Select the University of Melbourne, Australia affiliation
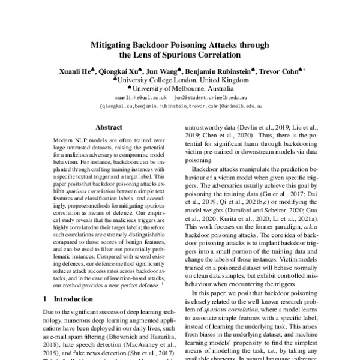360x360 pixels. click(x=180, y=88)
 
